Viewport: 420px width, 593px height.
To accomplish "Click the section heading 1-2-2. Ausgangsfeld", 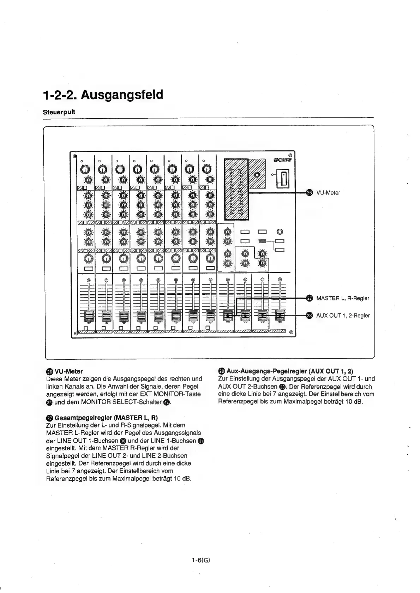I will pyautogui.click(x=103, y=95).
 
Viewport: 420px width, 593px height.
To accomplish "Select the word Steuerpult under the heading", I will pyautogui.click(x=59, y=112).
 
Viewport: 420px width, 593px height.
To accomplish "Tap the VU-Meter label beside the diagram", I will pyautogui.click(x=328, y=193).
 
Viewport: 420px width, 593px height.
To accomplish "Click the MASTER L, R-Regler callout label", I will pyautogui.click(x=342, y=298).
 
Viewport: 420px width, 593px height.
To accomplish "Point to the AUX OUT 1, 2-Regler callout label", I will pyautogui.click(x=343, y=315).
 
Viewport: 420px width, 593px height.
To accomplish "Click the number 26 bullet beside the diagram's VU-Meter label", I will pyautogui.click(x=309, y=193).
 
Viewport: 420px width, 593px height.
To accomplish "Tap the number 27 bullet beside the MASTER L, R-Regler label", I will pyautogui.click(x=309, y=298).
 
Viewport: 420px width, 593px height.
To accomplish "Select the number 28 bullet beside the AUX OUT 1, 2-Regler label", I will pyautogui.click(x=309, y=315).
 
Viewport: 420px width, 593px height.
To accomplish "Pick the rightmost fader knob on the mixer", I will pyautogui.click(x=280, y=315).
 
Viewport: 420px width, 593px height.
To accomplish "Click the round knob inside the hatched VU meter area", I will pyautogui.click(x=257, y=174).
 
